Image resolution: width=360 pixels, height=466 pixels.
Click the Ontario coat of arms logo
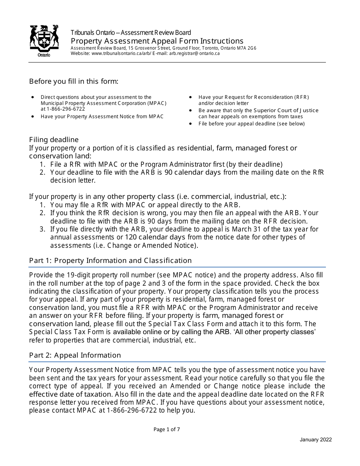click(44, 41)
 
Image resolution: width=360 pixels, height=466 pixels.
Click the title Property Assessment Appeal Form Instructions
click(157, 41)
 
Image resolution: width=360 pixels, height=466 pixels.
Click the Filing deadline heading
click(54, 140)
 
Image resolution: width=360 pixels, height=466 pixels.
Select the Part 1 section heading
click(110, 260)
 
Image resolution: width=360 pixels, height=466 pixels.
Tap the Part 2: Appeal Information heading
click(75, 355)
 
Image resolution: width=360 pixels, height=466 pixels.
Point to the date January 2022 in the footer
click(316, 439)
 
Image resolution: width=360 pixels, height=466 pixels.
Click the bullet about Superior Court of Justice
click(258, 113)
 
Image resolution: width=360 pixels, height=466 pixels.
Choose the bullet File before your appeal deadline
click(251, 124)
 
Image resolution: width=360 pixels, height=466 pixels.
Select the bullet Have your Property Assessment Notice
click(102, 116)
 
